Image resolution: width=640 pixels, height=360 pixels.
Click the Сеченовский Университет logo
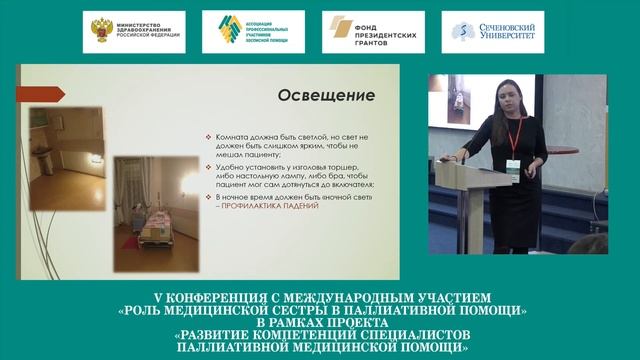495,31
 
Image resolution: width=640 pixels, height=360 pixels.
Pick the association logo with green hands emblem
254,31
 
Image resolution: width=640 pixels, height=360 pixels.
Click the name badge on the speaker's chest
513,165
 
